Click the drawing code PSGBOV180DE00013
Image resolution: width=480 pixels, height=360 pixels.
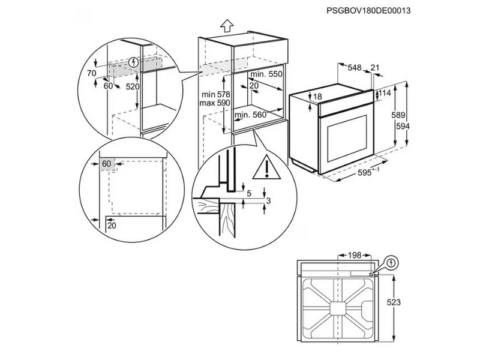pos(371,10)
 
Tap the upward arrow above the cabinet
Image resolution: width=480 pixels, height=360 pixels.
pos(226,25)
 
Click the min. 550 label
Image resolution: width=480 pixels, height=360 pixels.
pos(266,74)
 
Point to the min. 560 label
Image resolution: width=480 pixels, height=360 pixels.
pos(250,115)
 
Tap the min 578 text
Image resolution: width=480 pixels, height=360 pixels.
pos(215,95)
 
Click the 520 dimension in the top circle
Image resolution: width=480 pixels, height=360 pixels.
pos(133,87)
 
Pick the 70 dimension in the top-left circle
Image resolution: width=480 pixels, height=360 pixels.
pos(91,73)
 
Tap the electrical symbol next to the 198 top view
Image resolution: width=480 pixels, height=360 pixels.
pos(391,263)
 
